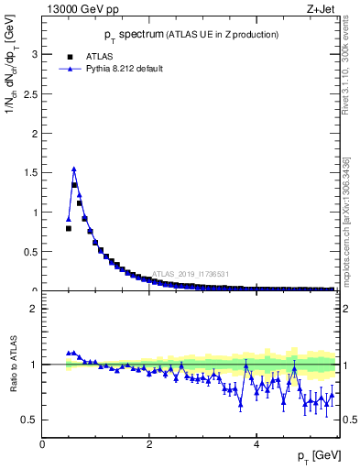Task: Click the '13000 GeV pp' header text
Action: pos(82,9)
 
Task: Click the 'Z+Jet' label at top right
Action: pos(322,9)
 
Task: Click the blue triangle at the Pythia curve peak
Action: pos(74,169)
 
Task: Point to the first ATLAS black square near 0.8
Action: pos(69,228)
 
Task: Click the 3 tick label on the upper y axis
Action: pos(35,54)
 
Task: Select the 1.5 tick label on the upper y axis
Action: pos(31,173)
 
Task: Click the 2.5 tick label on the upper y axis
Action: pos(31,93)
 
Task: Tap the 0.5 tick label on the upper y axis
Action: pos(31,252)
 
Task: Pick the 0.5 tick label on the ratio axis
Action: pos(31,420)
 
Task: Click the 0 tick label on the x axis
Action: pos(42,443)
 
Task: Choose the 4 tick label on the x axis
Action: pos(256,443)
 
